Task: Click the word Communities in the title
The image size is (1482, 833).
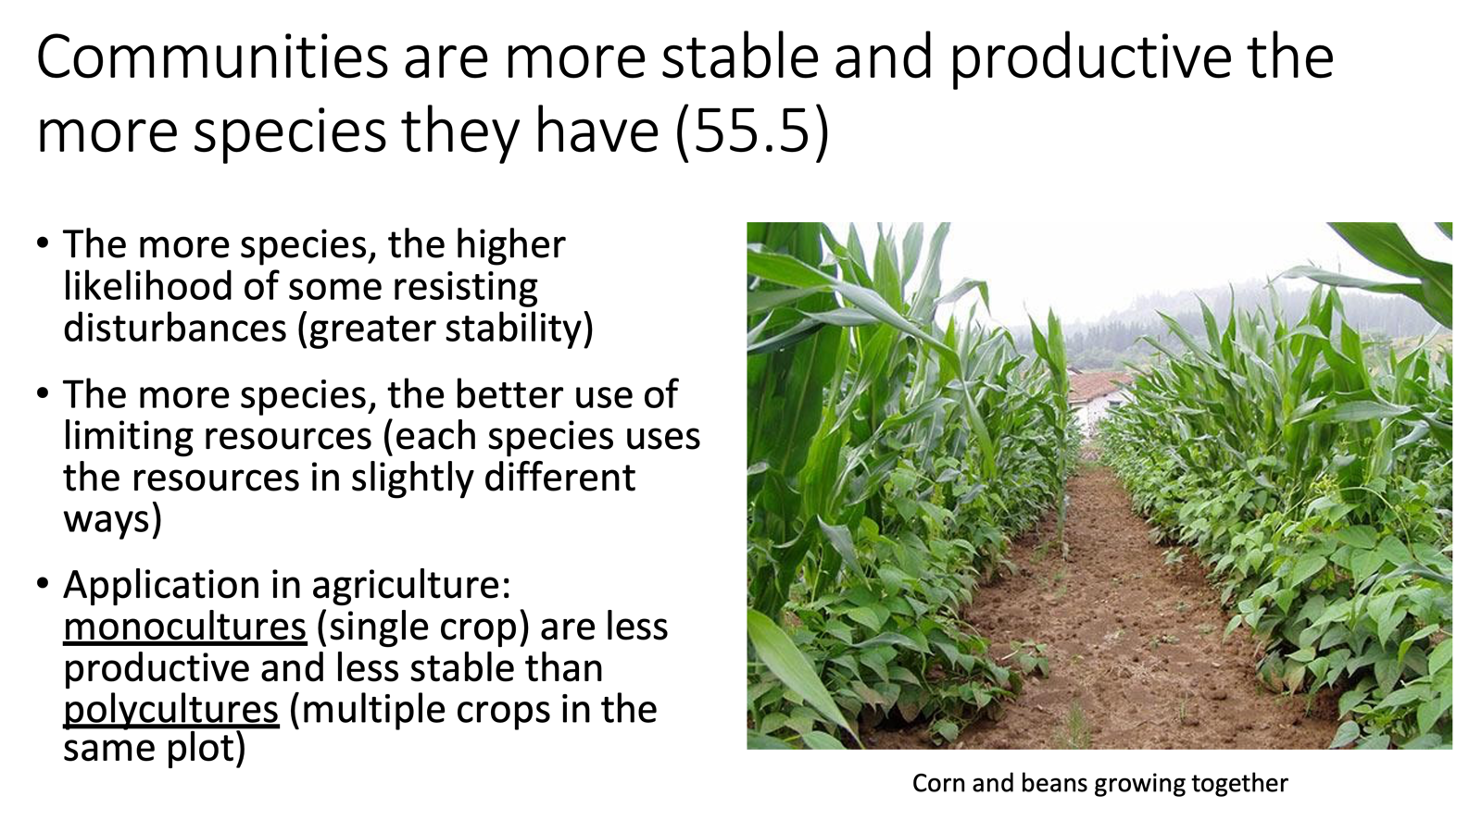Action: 211,57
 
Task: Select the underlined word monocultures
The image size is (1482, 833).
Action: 184,627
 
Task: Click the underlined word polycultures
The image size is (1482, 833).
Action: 170,710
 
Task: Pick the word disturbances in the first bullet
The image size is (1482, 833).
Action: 174,329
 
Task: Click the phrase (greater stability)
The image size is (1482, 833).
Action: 446,329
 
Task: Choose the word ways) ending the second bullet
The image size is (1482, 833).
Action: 112,519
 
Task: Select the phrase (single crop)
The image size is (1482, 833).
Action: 423,627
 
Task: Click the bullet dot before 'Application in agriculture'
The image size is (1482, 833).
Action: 43,584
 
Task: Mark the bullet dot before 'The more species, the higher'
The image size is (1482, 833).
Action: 43,243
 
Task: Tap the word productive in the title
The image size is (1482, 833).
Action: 1090,57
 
